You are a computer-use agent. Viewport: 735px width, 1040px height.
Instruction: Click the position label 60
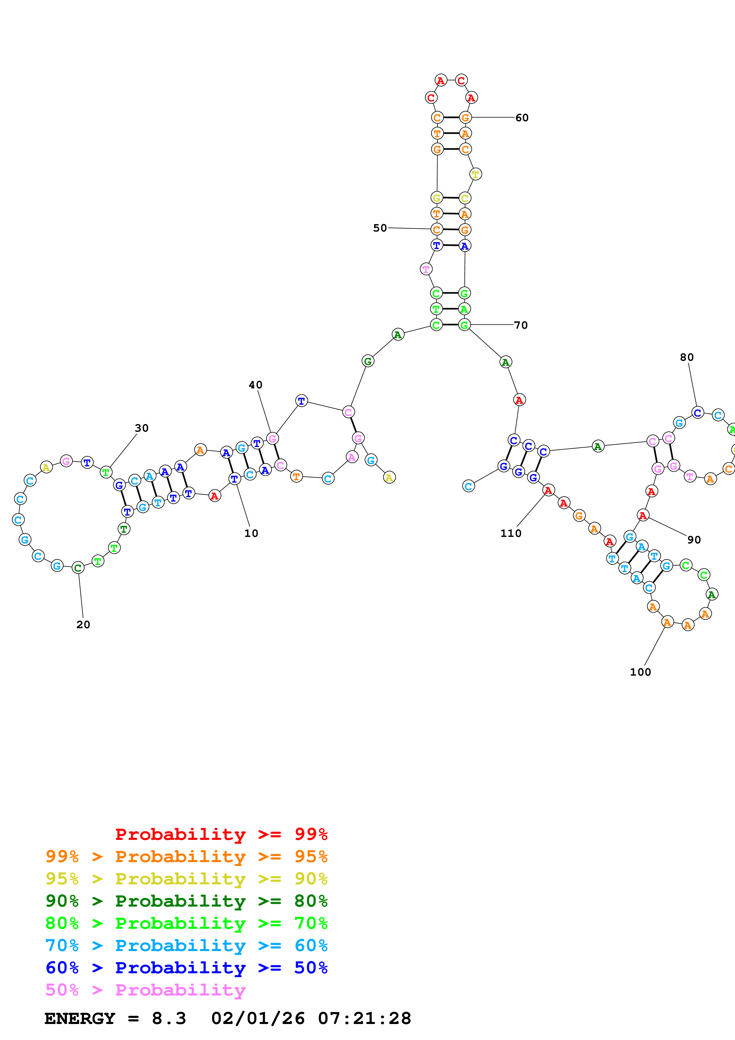522,118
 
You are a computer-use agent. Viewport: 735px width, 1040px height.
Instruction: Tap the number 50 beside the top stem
380,228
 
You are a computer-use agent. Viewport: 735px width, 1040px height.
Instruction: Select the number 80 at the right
687,357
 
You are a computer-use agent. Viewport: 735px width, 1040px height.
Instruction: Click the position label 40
255,385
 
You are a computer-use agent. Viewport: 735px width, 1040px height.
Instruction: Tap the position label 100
640,672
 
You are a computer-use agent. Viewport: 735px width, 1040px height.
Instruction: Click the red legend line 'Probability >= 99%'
221,834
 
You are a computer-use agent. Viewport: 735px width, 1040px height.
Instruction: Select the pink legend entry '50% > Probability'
145,990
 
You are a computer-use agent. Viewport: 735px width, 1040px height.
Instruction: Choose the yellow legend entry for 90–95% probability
186,879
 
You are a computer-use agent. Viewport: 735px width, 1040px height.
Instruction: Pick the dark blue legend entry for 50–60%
186,968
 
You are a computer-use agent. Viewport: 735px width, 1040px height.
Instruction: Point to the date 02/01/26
258,1018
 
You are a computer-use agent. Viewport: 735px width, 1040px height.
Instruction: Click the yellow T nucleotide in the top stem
475,174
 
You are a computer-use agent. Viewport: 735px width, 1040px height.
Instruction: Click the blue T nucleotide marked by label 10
234,479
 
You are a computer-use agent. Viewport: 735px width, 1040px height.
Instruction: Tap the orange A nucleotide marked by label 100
667,622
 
